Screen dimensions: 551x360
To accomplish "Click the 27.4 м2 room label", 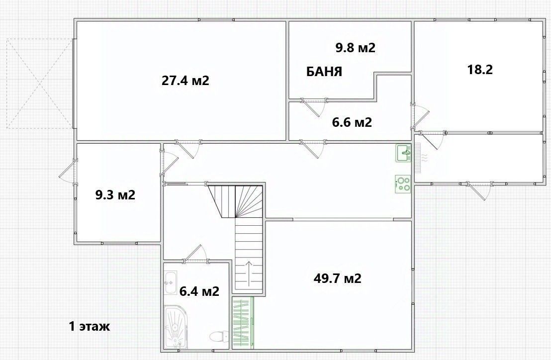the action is (x=185, y=81).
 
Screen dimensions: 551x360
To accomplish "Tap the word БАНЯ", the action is (x=324, y=72).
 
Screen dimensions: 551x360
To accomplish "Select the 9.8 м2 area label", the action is (x=355, y=47).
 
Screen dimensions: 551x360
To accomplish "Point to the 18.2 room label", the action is (x=480, y=70).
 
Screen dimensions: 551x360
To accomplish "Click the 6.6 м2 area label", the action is (x=352, y=122).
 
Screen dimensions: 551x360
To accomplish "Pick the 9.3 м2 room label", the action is (x=115, y=194).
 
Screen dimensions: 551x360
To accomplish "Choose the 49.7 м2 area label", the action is (x=337, y=278).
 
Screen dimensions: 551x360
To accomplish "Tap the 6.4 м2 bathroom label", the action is (x=199, y=291).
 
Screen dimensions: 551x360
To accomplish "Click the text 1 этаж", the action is (x=89, y=326).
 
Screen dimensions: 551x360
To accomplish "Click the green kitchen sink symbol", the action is (x=403, y=153).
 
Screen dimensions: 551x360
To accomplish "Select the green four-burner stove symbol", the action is (x=403, y=184).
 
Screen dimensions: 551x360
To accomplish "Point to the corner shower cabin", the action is (x=176, y=327).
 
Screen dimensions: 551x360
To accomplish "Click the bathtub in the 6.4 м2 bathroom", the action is (x=171, y=283).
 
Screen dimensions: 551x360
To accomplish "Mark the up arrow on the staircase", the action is (x=249, y=273).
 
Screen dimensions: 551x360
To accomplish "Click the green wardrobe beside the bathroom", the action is (x=243, y=323).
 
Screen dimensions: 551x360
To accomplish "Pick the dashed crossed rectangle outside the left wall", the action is (x=39, y=84).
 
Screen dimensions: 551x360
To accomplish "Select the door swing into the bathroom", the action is (x=195, y=253).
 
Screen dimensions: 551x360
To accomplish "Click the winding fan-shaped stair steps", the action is (x=235, y=201).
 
